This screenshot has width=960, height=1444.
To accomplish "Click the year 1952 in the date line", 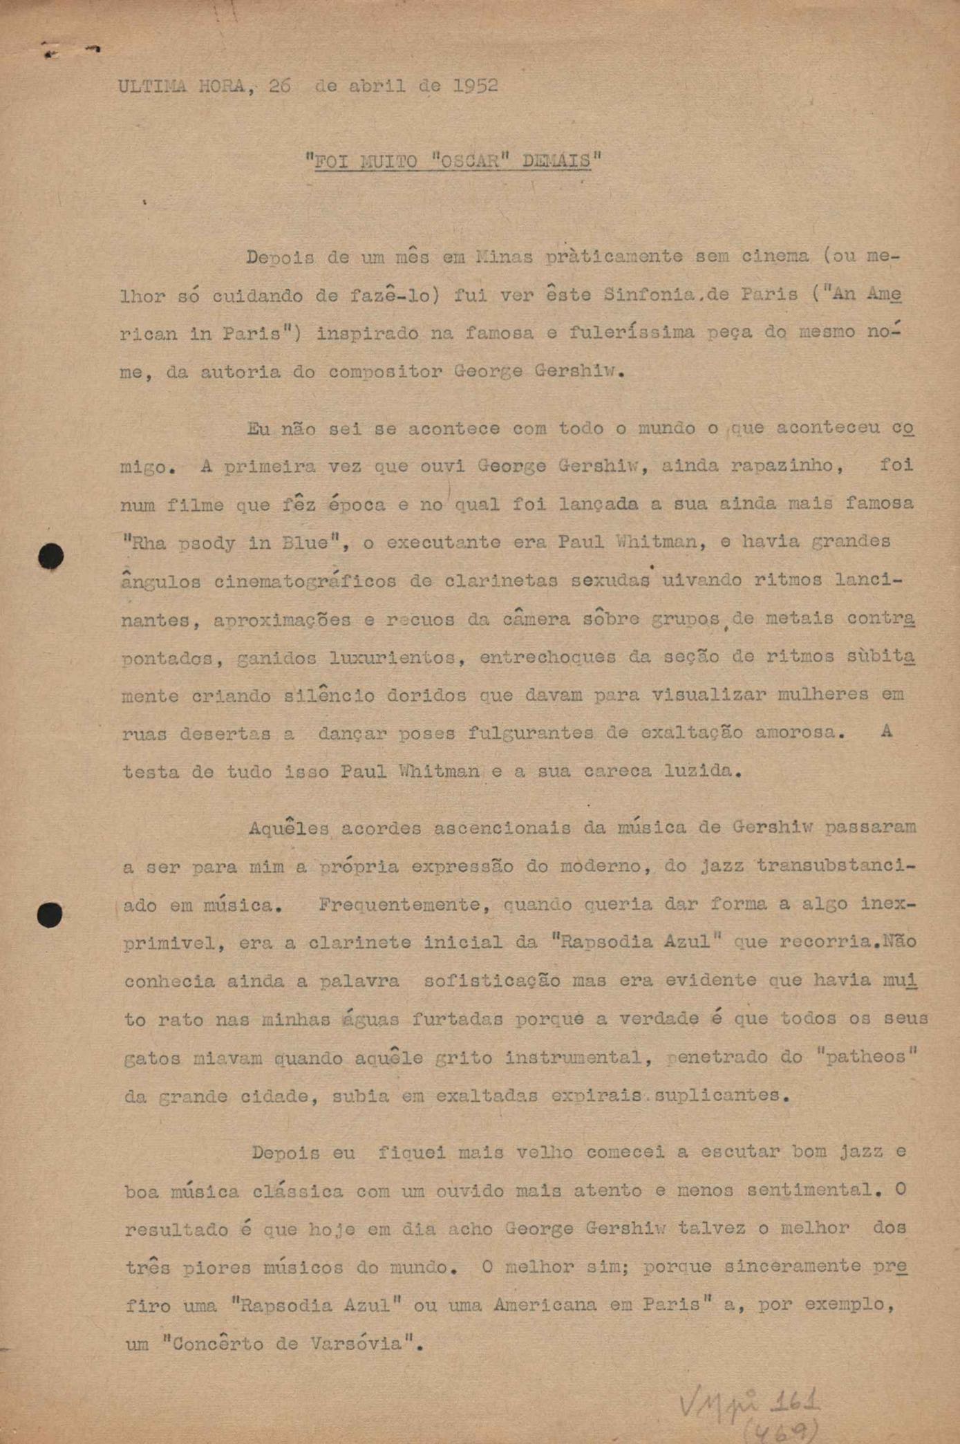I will (x=476, y=86).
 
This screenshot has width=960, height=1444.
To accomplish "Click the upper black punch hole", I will (x=50, y=556).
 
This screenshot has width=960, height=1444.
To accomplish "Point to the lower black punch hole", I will (x=50, y=915).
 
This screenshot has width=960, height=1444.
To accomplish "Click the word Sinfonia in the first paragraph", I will (x=648, y=295).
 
